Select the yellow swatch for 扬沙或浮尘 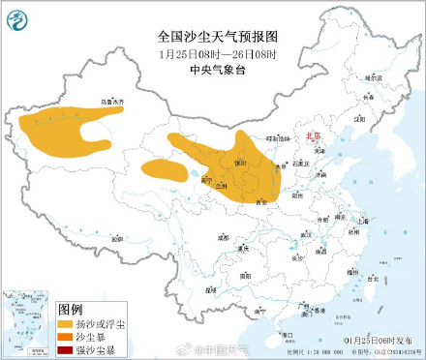[67, 322]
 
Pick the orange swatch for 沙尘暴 [67, 335]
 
